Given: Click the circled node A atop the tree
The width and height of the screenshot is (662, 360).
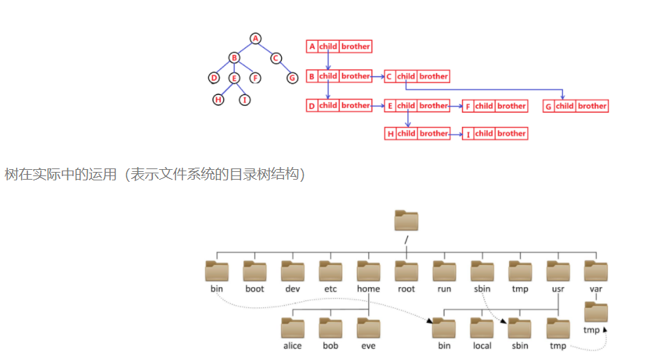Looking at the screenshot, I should point(255,38).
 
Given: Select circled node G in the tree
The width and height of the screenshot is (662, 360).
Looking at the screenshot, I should point(292,78).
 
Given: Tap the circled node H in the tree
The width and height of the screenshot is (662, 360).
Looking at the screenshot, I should point(219,100).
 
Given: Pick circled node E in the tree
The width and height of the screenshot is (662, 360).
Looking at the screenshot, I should point(234,78).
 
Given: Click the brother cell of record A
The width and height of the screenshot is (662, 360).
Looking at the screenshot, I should point(356,46).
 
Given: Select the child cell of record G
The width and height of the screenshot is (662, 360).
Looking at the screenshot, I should point(565,106).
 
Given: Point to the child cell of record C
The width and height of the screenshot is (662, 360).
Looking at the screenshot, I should point(406,76).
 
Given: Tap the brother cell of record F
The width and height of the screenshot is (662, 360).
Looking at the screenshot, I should point(511,106).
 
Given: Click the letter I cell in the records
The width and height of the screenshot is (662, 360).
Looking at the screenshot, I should point(467,133).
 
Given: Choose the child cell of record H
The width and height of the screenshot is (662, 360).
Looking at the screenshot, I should point(406,133).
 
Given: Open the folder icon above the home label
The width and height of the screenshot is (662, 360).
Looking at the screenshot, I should point(368,271).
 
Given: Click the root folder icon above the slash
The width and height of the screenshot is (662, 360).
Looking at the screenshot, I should point(406,220).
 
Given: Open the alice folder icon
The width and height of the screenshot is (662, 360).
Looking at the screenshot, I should point(292,328).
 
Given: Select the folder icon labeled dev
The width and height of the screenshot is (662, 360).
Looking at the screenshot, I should point(292,271).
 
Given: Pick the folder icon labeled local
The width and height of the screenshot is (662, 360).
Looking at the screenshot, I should point(482,328).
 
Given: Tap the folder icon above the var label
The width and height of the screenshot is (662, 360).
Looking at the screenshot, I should point(596,271).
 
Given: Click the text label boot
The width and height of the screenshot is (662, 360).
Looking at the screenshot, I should point(255,289).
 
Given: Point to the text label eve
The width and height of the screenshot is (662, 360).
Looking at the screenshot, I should point(368,346).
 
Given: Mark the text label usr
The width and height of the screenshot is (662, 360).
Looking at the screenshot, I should point(558,289).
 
